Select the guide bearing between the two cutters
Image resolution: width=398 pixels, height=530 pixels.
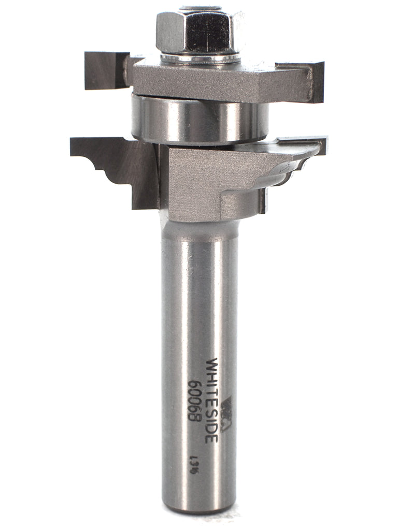click(200, 119)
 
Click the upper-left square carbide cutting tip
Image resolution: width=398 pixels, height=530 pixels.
click(106, 70)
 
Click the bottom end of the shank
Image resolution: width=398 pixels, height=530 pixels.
click(200, 510)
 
